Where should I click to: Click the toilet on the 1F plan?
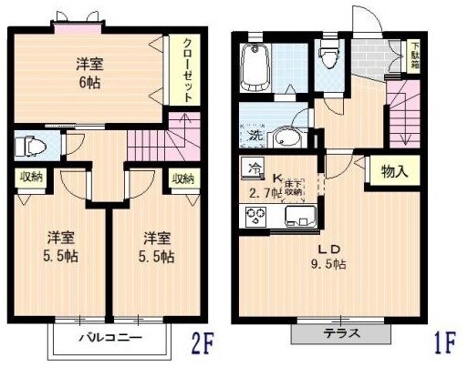tap(330, 56)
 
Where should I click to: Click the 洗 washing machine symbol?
tap(255, 137)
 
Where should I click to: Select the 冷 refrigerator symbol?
tap(253, 167)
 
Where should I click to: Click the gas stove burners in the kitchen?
tap(254, 218)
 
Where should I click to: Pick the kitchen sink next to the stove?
tap(296, 218)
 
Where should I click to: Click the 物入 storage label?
tap(394, 171)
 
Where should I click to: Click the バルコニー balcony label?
tap(109, 339)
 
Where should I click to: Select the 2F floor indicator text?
tap(202, 346)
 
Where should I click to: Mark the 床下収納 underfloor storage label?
tap(292, 188)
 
